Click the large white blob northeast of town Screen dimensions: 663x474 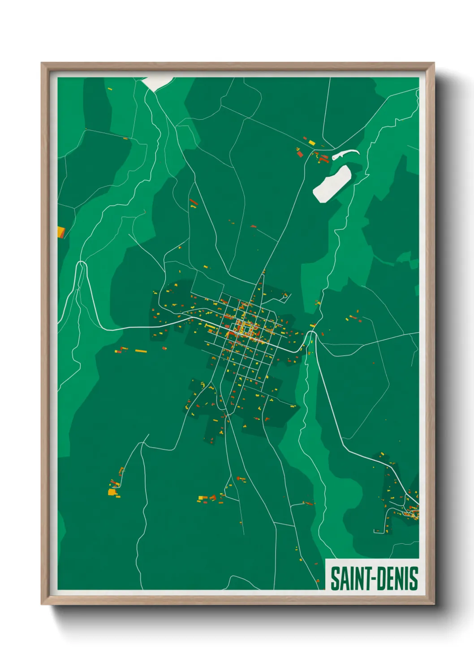click(332, 184)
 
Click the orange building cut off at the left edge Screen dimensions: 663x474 click(61, 232)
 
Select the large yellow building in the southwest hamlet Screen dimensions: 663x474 click(111, 492)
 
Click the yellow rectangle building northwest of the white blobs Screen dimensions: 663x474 click(311, 142)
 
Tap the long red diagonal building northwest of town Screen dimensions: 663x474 click(194, 202)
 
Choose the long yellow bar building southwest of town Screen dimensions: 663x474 click(141, 351)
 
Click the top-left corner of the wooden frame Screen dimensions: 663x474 click(42, 64)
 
